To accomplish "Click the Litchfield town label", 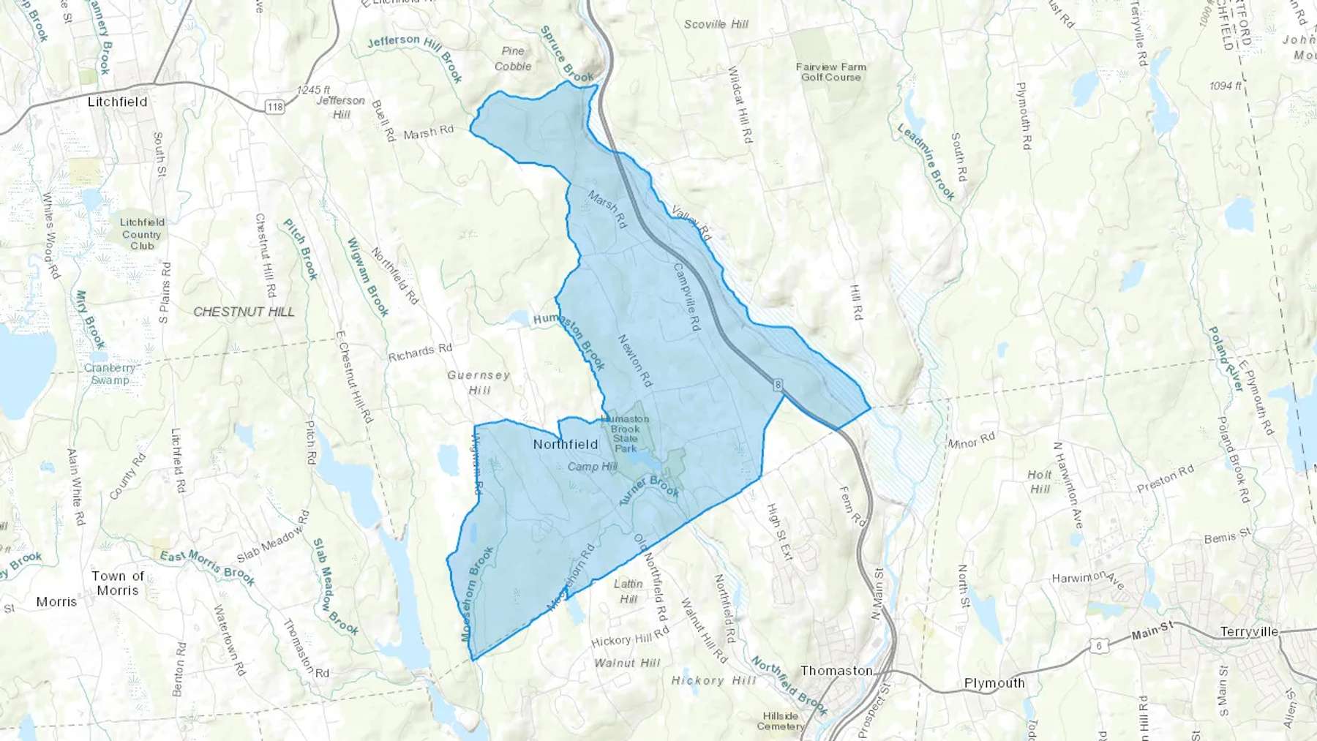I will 117,102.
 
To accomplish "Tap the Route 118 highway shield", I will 275,107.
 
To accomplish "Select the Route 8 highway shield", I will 776,385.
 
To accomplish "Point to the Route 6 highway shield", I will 1098,645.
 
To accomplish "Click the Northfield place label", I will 566,444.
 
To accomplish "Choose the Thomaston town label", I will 836,670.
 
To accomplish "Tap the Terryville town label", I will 1249,631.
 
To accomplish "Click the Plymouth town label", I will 994,682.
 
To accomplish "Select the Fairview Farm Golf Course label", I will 831,72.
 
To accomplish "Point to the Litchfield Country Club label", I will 142,234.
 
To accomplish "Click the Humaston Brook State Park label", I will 625,433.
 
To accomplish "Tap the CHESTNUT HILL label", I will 244,312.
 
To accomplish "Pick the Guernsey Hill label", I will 479,383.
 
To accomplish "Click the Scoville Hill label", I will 716,24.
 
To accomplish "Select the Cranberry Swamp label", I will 110,374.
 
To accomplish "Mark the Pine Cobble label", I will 513,59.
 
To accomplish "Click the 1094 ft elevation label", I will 1226,86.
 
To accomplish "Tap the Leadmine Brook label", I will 926,162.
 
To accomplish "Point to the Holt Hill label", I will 1040,481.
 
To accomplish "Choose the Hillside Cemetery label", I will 781,721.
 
